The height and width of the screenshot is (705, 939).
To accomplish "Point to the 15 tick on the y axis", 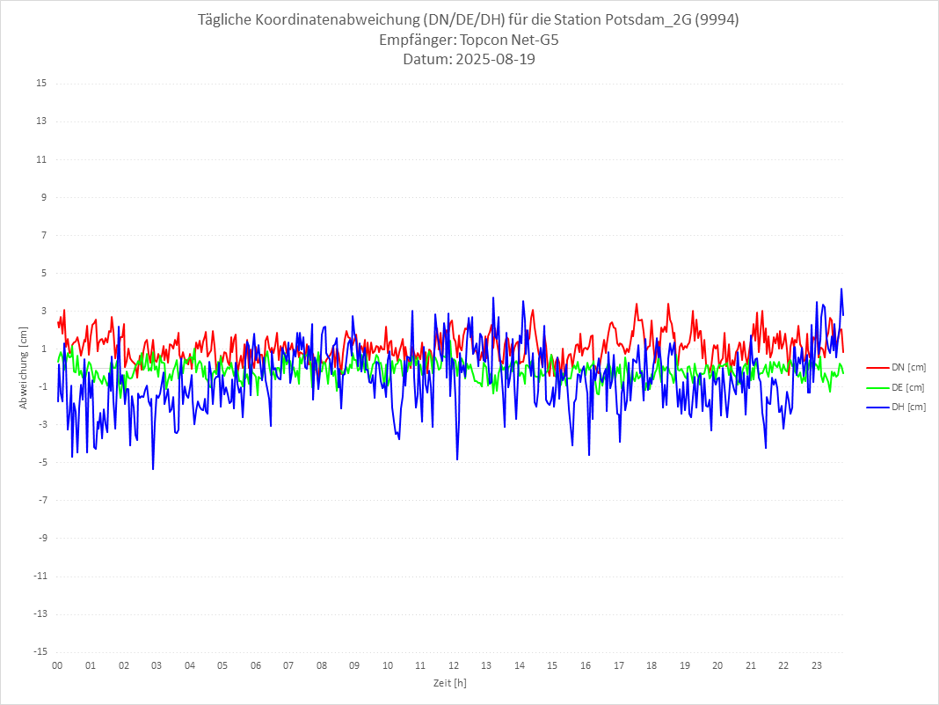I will [41, 84].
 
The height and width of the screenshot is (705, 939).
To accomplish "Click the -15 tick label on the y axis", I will [40, 651].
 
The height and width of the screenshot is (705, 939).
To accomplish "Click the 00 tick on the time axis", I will [57, 666].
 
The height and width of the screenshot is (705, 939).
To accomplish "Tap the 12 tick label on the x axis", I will [454, 666].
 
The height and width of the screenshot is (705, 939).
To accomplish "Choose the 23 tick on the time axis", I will [817, 666].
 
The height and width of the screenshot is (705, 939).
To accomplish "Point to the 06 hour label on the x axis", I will [255, 666].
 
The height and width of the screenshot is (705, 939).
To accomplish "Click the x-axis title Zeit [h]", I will [449, 683].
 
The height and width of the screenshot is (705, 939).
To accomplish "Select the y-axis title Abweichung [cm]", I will [24, 367].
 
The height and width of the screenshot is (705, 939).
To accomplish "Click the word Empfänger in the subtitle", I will [417, 40].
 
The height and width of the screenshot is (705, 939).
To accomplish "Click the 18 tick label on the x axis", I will [651, 666].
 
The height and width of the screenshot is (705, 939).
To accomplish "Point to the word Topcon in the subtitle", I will [485, 40].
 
